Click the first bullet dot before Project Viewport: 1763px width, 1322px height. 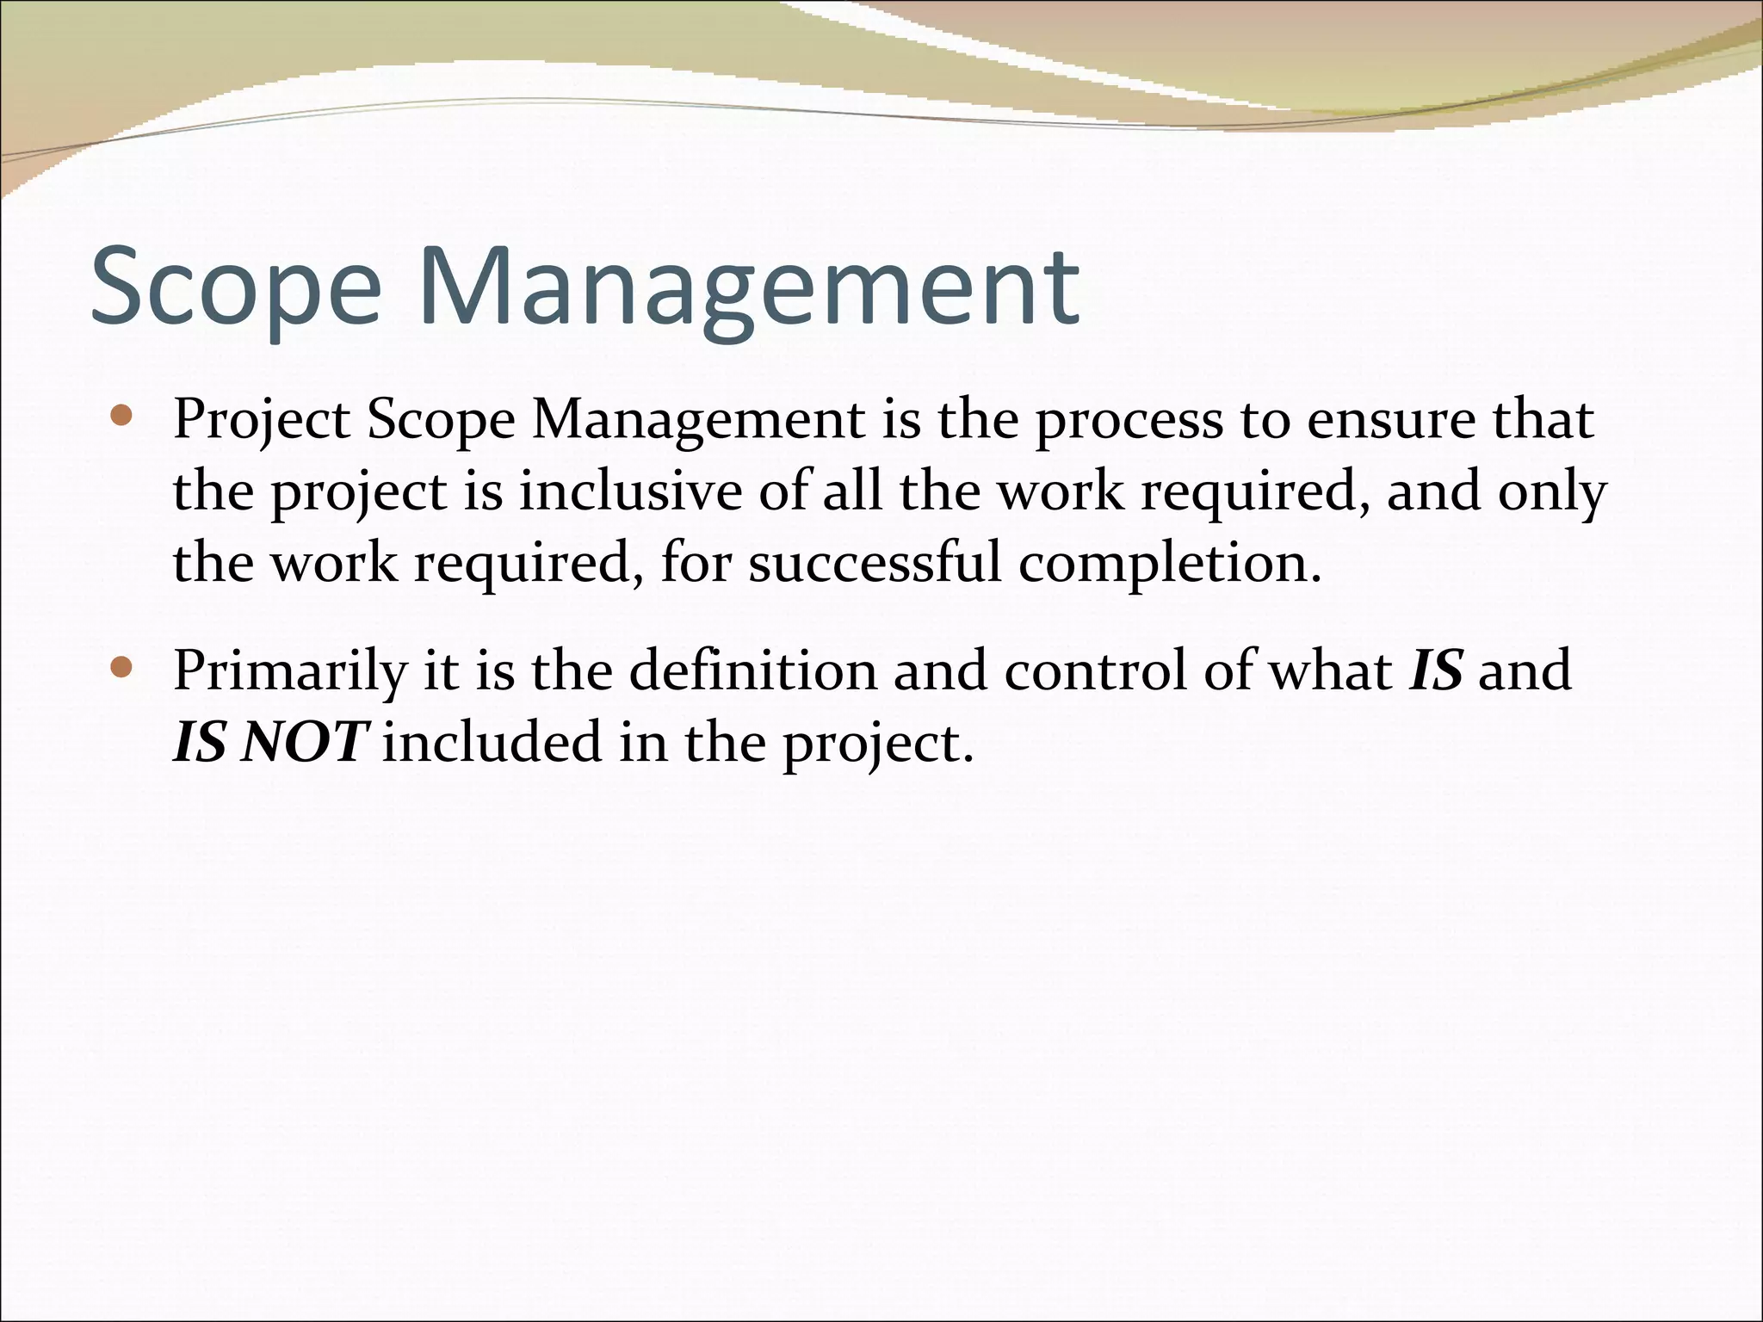[x=122, y=417]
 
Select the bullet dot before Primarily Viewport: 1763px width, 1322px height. [x=122, y=667]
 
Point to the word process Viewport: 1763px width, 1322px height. [x=1129, y=422]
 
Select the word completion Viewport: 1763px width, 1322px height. [x=1169, y=565]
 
